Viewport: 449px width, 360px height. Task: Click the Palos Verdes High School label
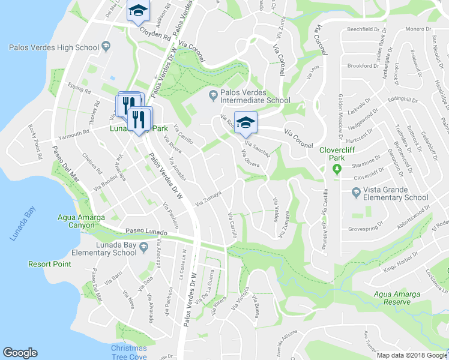[53, 47]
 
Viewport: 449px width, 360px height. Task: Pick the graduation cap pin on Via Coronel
[245, 122]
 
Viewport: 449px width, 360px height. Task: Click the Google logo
[20, 353]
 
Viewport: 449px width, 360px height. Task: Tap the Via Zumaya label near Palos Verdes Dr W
[208, 197]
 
